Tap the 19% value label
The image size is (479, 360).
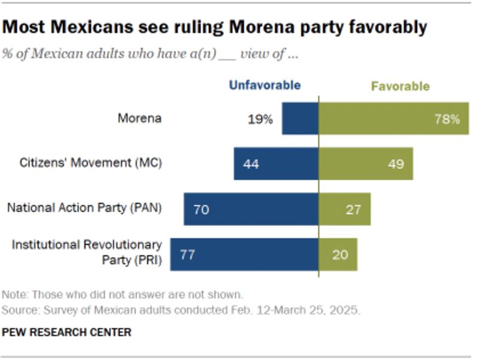click(260, 119)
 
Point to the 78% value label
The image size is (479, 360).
click(447, 119)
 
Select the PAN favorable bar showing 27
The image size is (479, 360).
click(345, 209)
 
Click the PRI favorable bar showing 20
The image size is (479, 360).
click(338, 254)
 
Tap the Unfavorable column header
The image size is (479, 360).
click(265, 86)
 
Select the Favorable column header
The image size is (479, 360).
click(400, 86)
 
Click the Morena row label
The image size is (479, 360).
click(140, 118)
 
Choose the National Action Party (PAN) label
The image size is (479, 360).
click(84, 208)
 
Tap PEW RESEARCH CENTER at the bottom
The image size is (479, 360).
click(66, 332)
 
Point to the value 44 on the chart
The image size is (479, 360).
click(251, 164)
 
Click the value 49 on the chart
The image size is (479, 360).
click(396, 164)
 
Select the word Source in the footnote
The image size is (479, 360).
click(17, 310)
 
